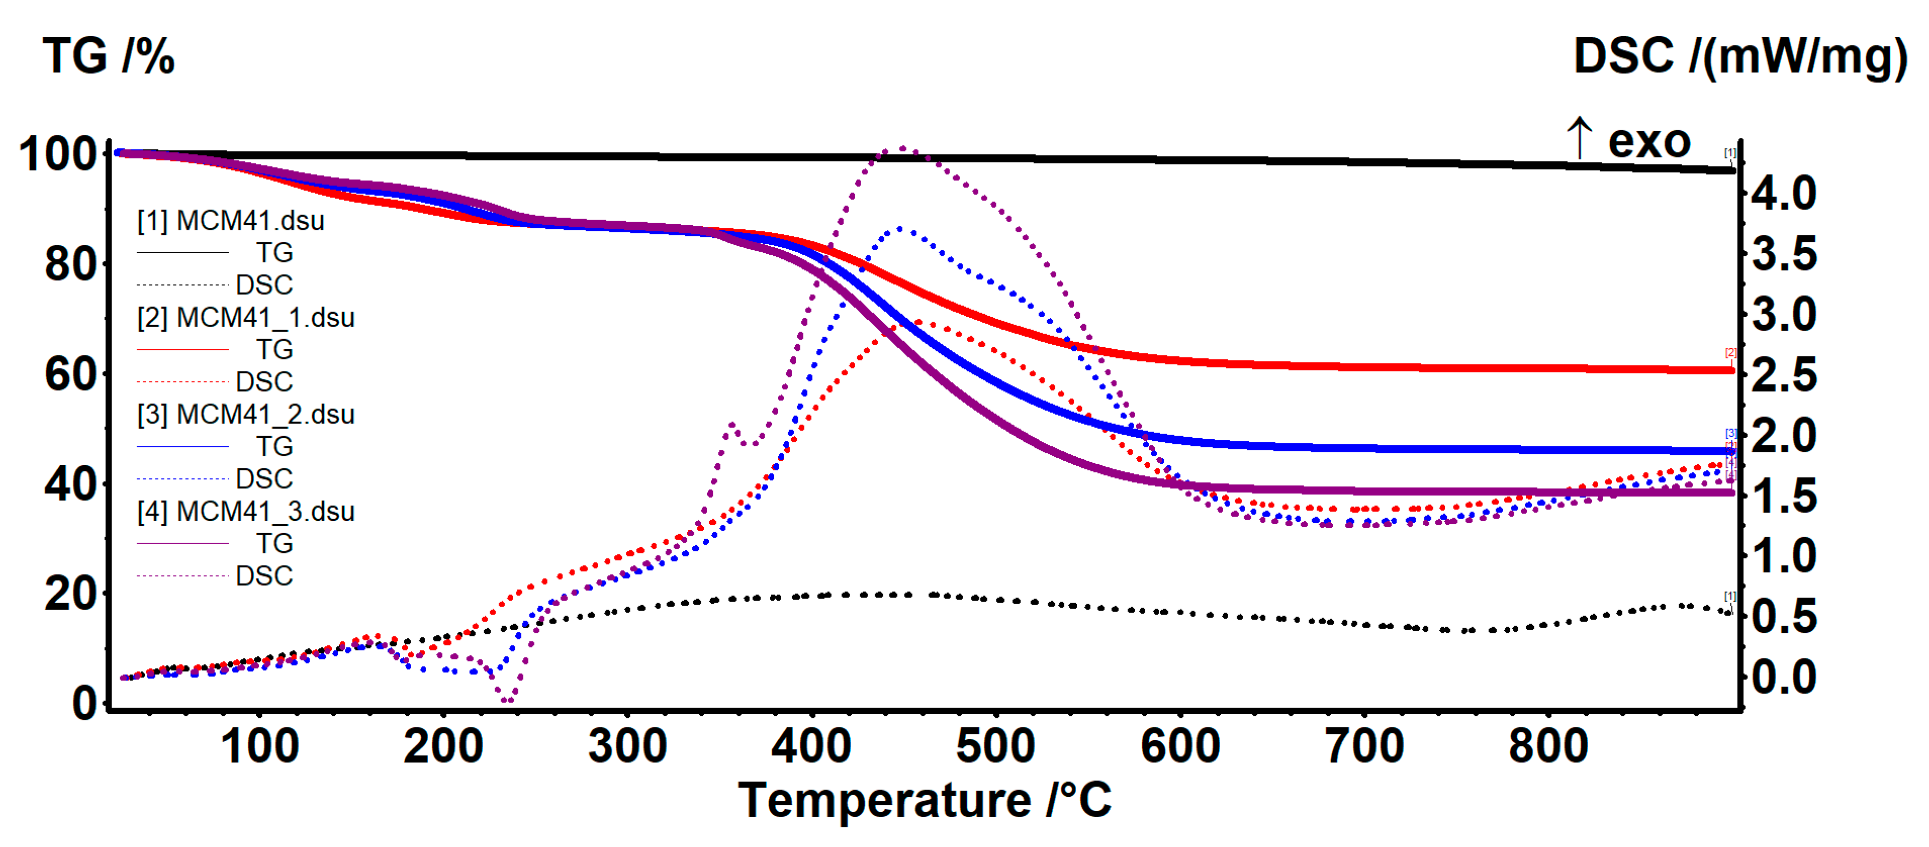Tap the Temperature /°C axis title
[924, 800]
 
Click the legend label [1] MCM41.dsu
[230, 221]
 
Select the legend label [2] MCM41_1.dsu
[246, 318]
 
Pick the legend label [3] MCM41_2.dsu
[246, 414]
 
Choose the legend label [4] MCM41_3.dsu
[246, 511]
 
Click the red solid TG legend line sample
[183, 350]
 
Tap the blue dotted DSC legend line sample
[183, 479]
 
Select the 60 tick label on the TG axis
[71, 374]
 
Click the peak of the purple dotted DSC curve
[902, 148]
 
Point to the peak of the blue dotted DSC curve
[898, 228]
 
